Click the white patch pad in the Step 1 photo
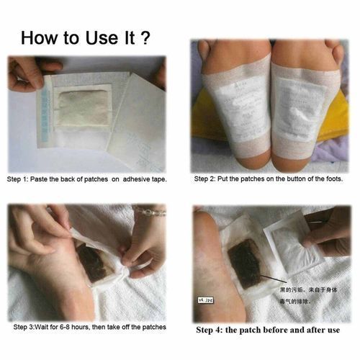coord(81,113)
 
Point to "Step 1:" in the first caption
coord(19,178)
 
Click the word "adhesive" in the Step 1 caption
coord(123,178)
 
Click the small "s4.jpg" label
coord(207,295)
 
